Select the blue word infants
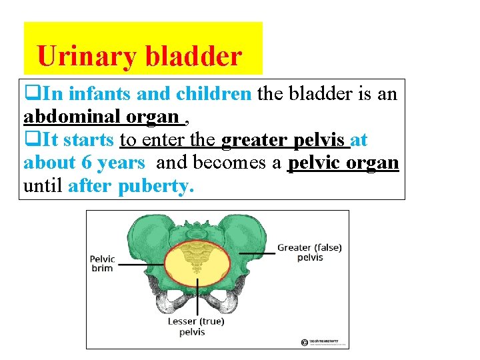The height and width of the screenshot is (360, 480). click(x=99, y=94)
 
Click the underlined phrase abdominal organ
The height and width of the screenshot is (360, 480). click(x=102, y=117)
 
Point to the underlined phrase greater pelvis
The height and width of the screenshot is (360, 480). click(x=285, y=140)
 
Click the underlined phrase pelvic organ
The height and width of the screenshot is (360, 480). click(x=343, y=163)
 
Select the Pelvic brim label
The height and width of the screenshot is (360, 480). click(x=102, y=263)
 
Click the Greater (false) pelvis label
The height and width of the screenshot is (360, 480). click(x=309, y=252)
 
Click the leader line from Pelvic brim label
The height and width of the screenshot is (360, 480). click(x=143, y=263)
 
